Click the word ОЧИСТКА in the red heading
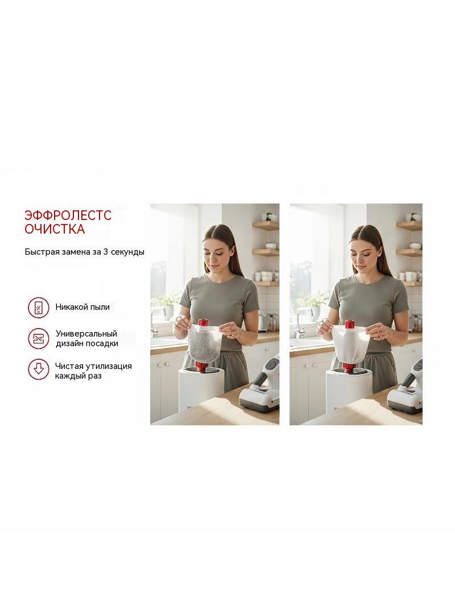point(55,229)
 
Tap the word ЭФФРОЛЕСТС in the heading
point(68,215)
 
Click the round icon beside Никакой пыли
point(39,308)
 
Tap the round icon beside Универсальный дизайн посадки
point(39,339)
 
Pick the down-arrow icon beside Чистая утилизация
point(39,369)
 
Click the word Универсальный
point(86,334)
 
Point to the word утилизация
point(109,366)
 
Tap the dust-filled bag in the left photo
point(205,343)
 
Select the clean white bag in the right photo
point(350,345)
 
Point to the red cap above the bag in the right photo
point(349,325)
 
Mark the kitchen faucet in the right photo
point(300,323)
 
